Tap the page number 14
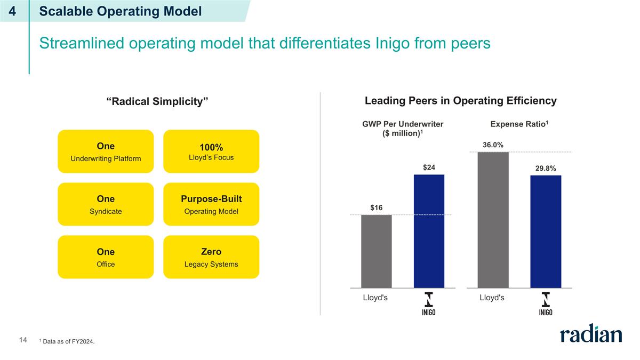[23, 340]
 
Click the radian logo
[590, 335]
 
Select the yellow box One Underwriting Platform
[106, 151]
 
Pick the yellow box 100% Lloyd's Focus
[211, 151]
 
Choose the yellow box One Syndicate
[106, 204]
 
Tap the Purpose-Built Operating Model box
[211, 204]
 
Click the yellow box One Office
[106, 257]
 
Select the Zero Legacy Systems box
[211, 257]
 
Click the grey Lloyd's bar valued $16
[376, 251]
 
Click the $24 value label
[429, 167]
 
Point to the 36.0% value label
[493, 145]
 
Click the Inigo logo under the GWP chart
[429, 304]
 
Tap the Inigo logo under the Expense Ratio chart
[545, 304]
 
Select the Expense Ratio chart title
[519, 124]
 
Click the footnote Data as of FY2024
[68, 341]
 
